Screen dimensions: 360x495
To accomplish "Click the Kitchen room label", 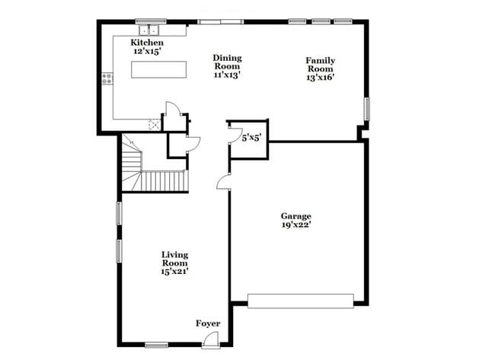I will [x=147, y=43].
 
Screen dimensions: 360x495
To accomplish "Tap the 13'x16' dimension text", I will [x=321, y=76].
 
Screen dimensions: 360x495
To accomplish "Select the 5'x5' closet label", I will [x=252, y=139].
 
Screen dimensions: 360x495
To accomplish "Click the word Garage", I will [x=295, y=216].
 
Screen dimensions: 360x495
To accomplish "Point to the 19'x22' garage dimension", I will [x=295, y=225].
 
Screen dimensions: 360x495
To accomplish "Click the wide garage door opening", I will [x=301, y=302].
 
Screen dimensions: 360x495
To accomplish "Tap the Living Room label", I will [x=174, y=259].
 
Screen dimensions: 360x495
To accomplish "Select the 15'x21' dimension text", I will [x=174, y=270].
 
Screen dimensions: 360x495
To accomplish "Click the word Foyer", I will [x=208, y=323].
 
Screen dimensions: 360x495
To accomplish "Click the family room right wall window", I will [x=366, y=109].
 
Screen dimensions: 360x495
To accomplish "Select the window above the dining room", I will [x=222, y=22].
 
